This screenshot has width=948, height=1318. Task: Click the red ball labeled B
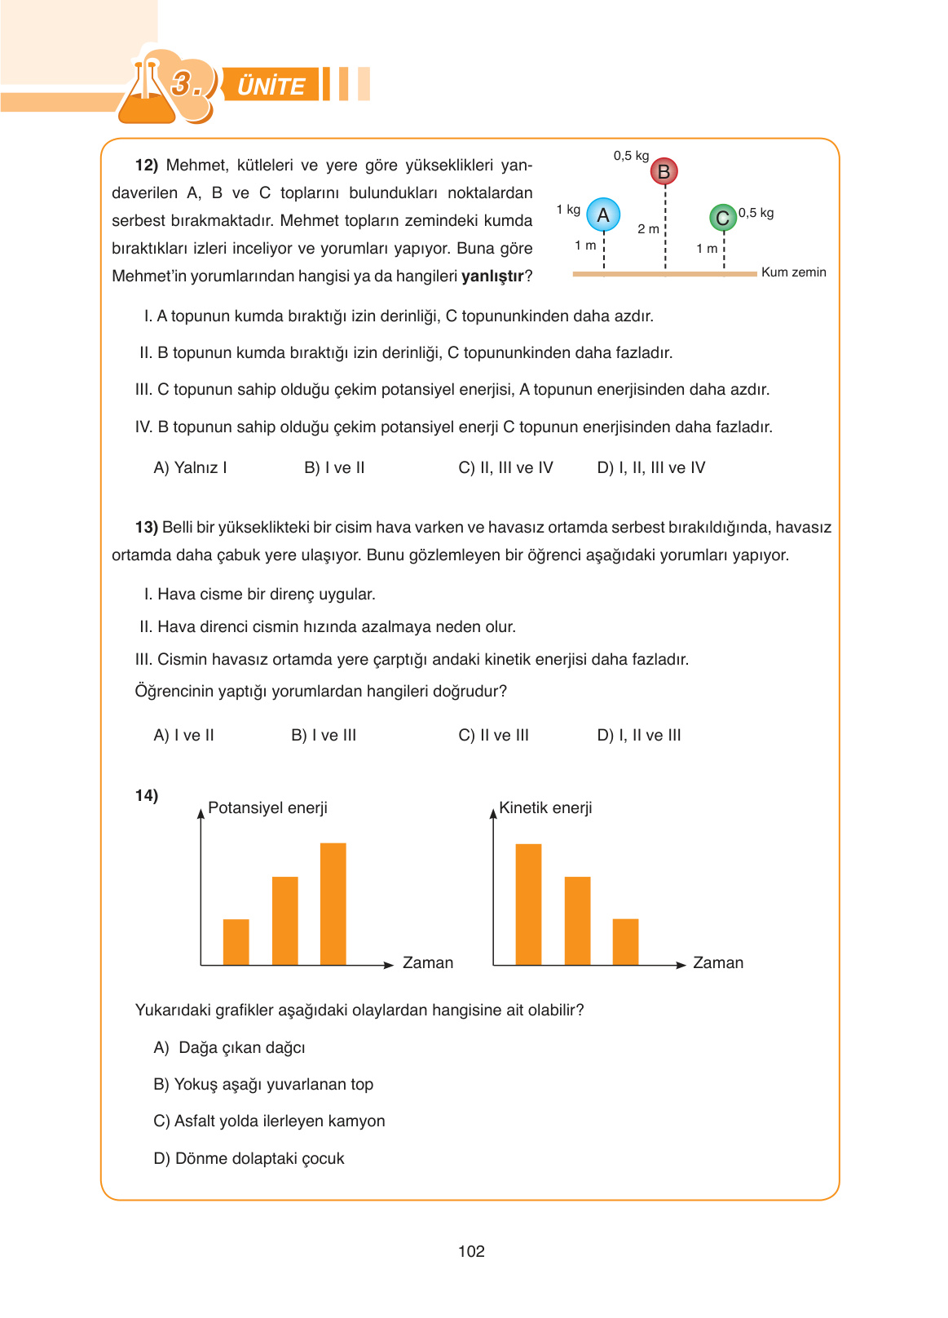pyautogui.click(x=664, y=171)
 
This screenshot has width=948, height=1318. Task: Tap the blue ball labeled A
pyautogui.click(x=603, y=215)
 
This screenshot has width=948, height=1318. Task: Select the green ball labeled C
pyautogui.click(x=722, y=218)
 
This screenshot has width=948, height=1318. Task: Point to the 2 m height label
pyautogui.click(x=648, y=229)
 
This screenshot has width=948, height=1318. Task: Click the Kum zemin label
pyautogui.click(x=793, y=272)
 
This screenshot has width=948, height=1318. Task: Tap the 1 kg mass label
pyautogui.click(x=568, y=210)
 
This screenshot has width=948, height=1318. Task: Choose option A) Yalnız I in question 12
pyautogui.click(x=190, y=467)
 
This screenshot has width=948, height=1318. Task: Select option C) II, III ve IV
pyautogui.click(x=505, y=467)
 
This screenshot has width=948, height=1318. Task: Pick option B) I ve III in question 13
pyautogui.click(x=324, y=735)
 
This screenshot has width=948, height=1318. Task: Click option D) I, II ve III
pyautogui.click(x=638, y=735)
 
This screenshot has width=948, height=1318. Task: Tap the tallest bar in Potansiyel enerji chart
pyautogui.click(x=333, y=904)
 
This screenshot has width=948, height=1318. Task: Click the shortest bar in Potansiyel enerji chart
pyautogui.click(x=236, y=942)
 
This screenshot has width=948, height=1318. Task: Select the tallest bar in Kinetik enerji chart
pyautogui.click(x=528, y=904)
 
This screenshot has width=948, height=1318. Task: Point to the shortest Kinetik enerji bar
pyautogui.click(x=625, y=942)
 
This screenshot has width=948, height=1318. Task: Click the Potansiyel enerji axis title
pyautogui.click(x=267, y=807)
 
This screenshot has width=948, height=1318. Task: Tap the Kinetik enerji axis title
pyautogui.click(x=545, y=807)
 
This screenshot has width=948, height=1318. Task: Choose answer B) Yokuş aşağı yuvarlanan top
pyautogui.click(x=263, y=1084)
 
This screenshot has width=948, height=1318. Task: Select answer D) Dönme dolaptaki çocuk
pyautogui.click(x=249, y=1158)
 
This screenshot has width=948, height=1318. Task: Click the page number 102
pyautogui.click(x=471, y=1251)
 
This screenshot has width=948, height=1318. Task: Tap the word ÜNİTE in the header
pyautogui.click(x=271, y=86)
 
